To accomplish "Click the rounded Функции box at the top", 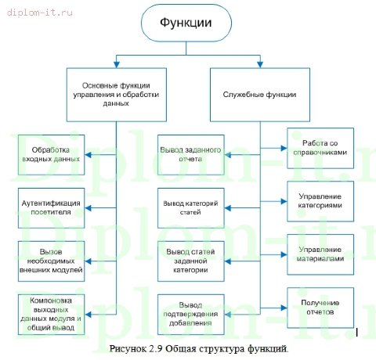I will (x=186, y=24).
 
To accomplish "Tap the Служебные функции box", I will (x=258, y=94).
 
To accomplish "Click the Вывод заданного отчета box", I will (x=192, y=154).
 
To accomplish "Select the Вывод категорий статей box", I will (x=192, y=207).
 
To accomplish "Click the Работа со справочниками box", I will (x=327, y=146).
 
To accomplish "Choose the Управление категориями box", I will (x=327, y=201).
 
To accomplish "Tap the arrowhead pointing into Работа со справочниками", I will (x=284, y=146).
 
